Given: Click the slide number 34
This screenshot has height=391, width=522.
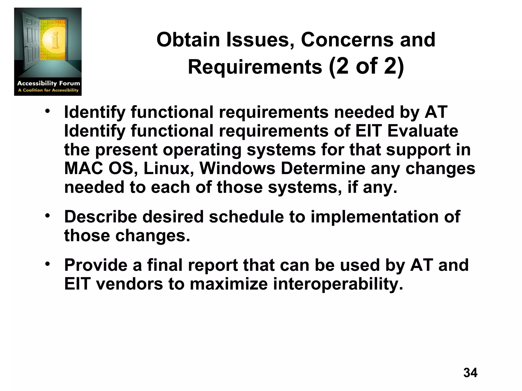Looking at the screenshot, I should [470, 373].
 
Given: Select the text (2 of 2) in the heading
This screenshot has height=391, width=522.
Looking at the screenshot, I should [366, 66].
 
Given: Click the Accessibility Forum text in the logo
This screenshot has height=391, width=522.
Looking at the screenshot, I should [48, 83].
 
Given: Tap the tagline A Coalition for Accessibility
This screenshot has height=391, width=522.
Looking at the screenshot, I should [48, 90].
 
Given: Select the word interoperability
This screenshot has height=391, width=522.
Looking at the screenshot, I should [338, 284].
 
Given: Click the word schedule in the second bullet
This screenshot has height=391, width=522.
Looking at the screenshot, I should [246, 217].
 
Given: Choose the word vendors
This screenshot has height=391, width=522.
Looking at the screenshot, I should [129, 284].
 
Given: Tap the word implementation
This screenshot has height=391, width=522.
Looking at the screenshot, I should [375, 217].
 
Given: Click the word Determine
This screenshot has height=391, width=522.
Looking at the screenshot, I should [323, 169].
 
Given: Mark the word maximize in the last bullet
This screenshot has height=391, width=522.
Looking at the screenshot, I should [229, 284].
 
